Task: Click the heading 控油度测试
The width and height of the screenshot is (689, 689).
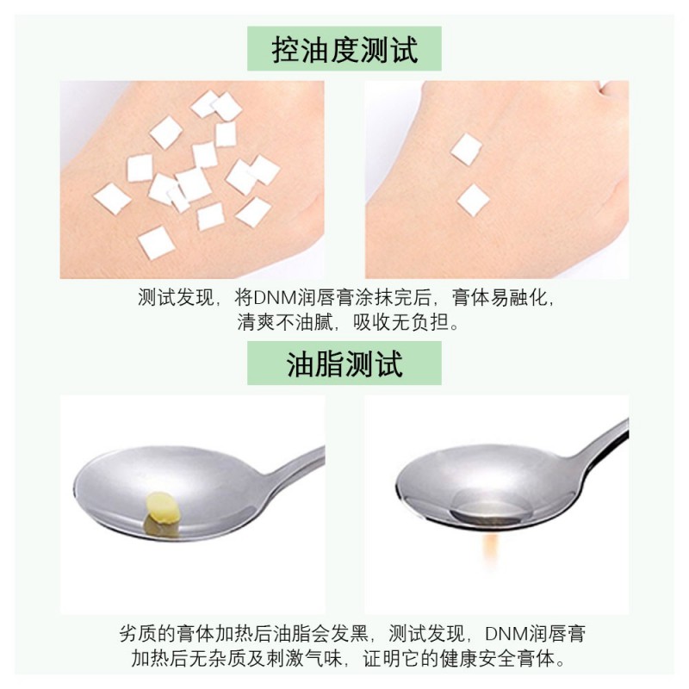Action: (x=344, y=49)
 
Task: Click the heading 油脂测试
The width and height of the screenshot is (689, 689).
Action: (x=344, y=363)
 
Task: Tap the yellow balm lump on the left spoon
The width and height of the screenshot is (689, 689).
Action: (x=163, y=508)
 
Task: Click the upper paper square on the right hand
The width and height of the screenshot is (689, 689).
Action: (x=466, y=149)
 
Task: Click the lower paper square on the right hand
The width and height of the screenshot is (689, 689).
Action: (x=473, y=200)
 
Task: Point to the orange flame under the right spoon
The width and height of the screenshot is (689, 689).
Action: (x=491, y=549)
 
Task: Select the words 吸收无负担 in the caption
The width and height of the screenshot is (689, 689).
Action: (x=401, y=322)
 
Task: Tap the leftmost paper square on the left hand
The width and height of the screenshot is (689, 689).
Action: (x=113, y=199)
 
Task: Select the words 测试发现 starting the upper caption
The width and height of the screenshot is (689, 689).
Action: (x=176, y=298)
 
